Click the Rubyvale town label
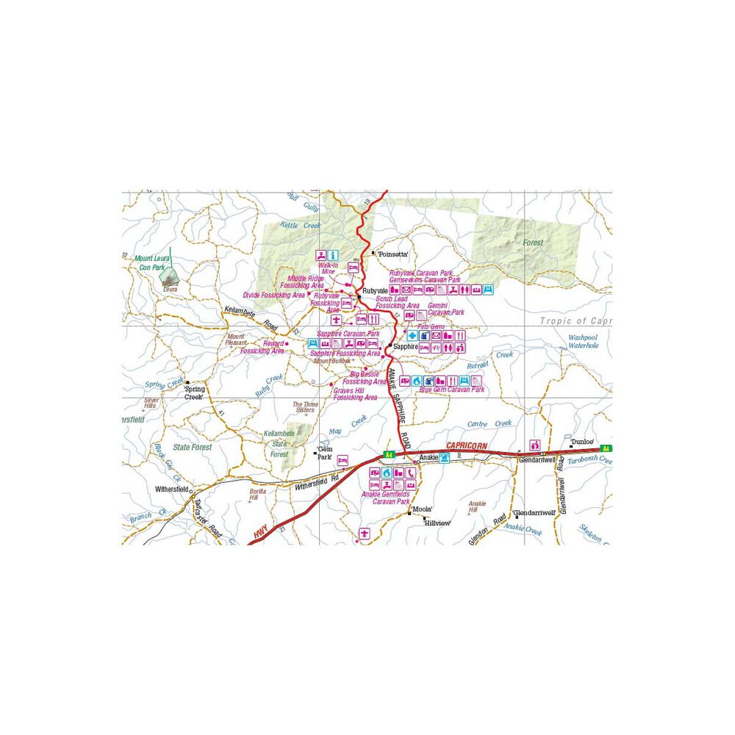point(373,290)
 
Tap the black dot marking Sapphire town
point(390,346)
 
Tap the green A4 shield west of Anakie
point(389,456)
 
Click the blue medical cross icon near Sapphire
point(412,336)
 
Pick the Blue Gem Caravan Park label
point(453,390)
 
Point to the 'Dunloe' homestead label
point(582,441)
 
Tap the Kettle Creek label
point(301,226)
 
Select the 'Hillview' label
point(436,523)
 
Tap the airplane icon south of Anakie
point(363,532)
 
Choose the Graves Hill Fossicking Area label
point(355,394)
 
